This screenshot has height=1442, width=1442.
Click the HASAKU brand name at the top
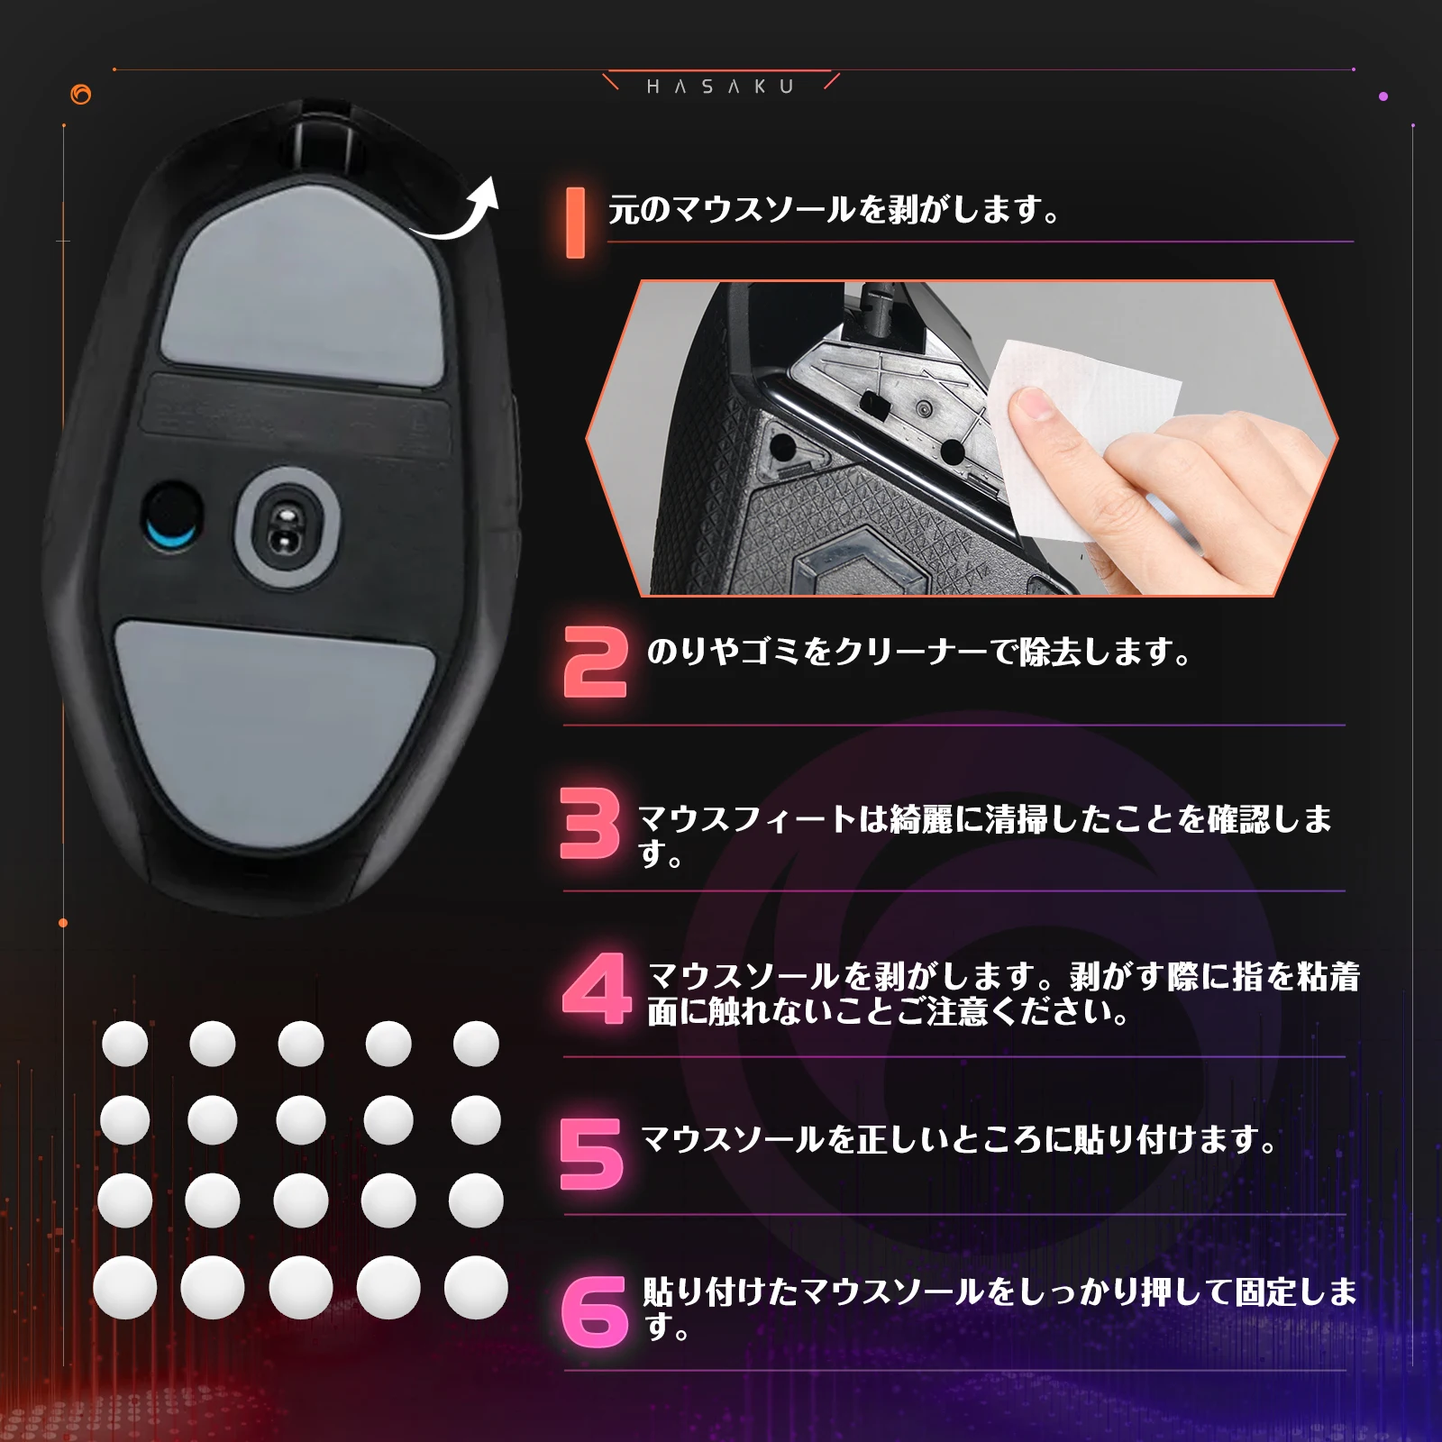pyautogui.click(x=720, y=87)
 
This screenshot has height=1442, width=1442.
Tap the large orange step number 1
pyautogui.click(x=575, y=223)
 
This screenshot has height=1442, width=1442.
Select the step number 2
pyautogui.click(x=595, y=662)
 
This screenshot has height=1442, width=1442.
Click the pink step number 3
pyautogui.click(x=590, y=823)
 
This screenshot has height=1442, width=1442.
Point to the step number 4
pyautogui.click(x=597, y=989)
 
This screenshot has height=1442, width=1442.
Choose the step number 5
pyautogui.click(x=591, y=1154)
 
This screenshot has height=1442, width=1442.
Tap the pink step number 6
pyautogui.click(x=594, y=1311)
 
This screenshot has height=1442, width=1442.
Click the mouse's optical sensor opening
pyautogui.click(x=287, y=530)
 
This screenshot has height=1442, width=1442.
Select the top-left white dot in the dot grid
pyautogui.click(x=125, y=1044)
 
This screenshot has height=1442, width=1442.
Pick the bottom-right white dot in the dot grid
pyautogui.click(x=476, y=1287)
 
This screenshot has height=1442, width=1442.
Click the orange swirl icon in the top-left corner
pyautogui.click(x=81, y=95)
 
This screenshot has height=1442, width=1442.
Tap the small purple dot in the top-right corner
pyautogui.click(x=1383, y=96)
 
